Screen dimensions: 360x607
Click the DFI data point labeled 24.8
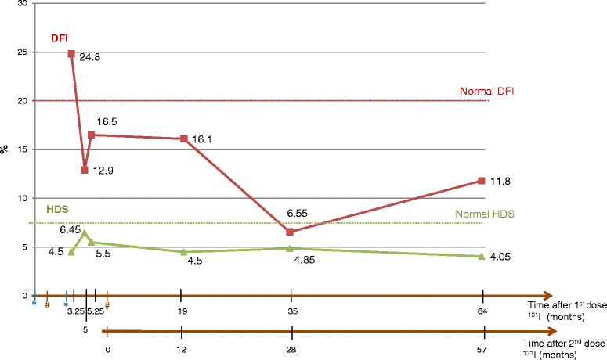coord(71,54)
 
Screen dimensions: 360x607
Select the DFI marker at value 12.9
coord(85,170)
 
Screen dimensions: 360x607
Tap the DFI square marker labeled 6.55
coord(290,232)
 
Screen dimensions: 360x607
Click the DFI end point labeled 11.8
coord(481,181)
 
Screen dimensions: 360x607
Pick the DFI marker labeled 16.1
coord(184,139)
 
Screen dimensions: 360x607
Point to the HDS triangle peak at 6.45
coord(85,232)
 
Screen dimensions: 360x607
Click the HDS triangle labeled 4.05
coord(481,256)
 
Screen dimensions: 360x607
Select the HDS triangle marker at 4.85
coord(290,248)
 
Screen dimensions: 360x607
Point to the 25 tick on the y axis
coord(21,52)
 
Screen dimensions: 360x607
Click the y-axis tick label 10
coord(21,198)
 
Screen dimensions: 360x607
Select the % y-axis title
coord(5,149)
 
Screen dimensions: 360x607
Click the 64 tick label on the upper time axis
coord(483,311)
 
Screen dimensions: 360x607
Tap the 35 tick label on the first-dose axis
coord(291,311)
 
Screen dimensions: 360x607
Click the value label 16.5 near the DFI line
coord(107,123)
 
